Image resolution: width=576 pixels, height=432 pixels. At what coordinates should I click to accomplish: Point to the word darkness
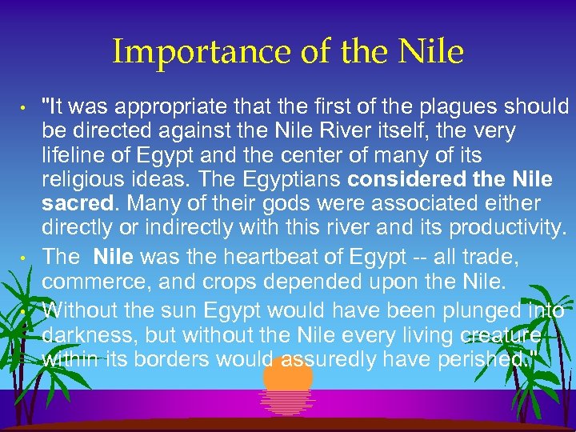(81, 334)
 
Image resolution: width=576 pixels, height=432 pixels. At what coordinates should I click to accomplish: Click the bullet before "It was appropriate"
(25, 108)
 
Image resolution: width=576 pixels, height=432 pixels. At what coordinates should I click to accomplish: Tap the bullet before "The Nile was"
(25, 258)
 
